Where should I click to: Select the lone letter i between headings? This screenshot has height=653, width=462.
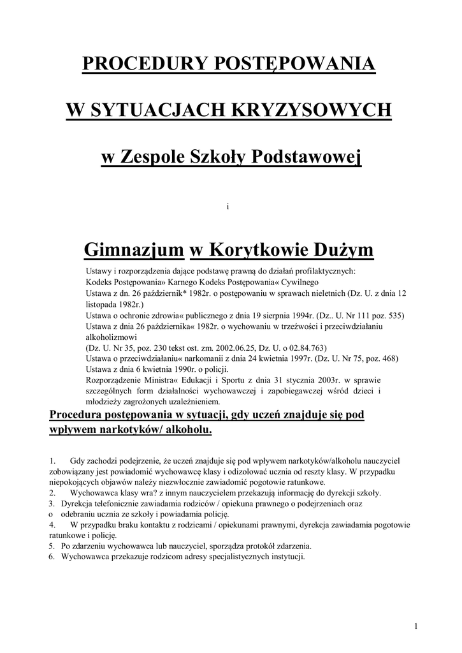pos(227,205)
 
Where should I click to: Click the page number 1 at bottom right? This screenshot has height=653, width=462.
pos(415,625)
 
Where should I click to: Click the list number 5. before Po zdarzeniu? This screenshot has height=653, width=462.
pos(52,547)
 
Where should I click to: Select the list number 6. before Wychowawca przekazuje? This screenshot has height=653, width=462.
pos(52,557)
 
